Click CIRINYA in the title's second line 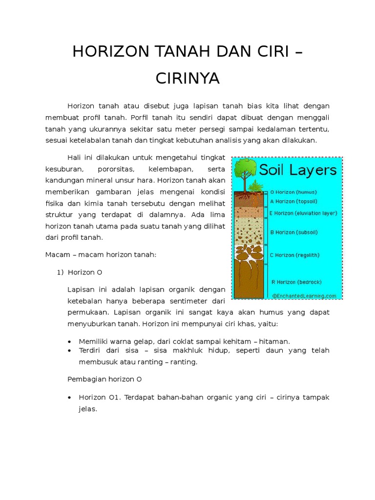[187, 78]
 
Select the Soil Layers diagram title [298, 170]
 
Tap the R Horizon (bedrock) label [296, 282]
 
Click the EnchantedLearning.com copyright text [305, 295]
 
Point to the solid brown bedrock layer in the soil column [250, 278]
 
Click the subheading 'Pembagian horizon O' [104, 379]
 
